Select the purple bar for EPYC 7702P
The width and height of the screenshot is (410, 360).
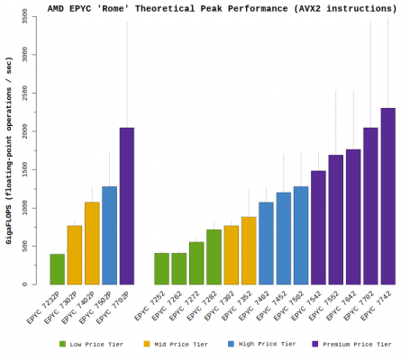pos(127,206)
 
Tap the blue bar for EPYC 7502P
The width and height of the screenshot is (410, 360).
pos(110,235)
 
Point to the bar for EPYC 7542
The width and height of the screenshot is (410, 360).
pos(318,227)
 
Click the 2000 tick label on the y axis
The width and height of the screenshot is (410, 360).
pos(31,131)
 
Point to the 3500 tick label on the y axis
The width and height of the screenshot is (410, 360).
pos(31,17)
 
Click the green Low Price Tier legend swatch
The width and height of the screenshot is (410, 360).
pos(62,344)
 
